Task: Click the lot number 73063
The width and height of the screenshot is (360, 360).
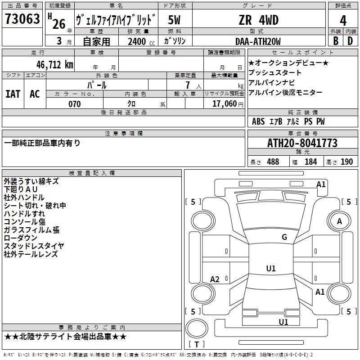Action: tap(22, 20)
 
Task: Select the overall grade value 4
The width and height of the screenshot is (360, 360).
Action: tap(343, 21)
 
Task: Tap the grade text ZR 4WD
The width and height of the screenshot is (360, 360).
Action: tap(258, 20)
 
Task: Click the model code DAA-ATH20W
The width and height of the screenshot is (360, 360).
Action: tap(258, 41)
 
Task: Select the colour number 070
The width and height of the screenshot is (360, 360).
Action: tap(74, 104)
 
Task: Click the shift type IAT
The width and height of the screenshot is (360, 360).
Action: tap(13, 94)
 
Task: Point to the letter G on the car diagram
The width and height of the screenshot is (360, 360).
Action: tap(284, 237)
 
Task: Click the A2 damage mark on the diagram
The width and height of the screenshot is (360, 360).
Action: tap(215, 279)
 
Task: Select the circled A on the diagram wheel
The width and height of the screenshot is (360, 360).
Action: tap(339, 221)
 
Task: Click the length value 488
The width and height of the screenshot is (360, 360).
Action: tap(273, 162)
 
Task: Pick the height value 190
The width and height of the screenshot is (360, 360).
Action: tap(346, 162)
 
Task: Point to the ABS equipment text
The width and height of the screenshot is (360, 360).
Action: tap(258, 121)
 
